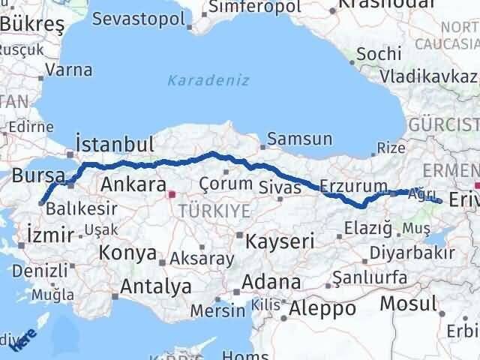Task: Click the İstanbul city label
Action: click(115, 144)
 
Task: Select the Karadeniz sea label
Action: click(199, 79)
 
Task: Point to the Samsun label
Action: click(299, 139)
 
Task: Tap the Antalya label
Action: click(155, 286)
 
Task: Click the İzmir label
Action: click(48, 230)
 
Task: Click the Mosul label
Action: click(407, 304)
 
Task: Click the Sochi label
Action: click(373, 54)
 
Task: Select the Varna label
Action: click(68, 70)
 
